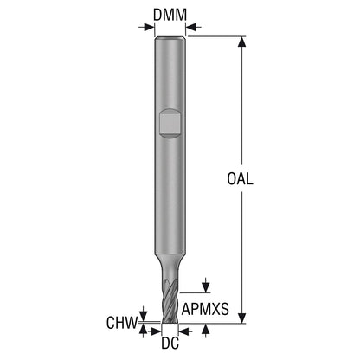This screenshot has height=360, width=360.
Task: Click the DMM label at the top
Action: pyautogui.click(x=170, y=15)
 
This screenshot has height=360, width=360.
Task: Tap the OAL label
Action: pyautogui.click(x=240, y=179)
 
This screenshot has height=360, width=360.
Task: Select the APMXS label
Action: pyautogui.click(x=205, y=309)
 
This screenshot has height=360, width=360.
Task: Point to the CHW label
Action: pyautogui.click(x=122, y=323)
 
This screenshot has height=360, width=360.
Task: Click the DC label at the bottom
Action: pyautogui.click(x=170, y=343)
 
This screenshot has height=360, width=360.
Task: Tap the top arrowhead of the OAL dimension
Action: pyautogui.click(x=242, y=42)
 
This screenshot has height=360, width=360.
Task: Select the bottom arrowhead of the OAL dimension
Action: pyautogui.click(x=242, y=318)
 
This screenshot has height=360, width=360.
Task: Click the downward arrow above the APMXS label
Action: pyautogui.click(x=206, y=286)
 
